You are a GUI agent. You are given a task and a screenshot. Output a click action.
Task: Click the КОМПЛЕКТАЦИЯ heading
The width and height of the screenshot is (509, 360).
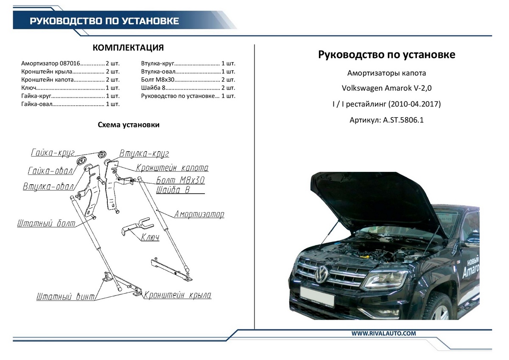coord(128,48)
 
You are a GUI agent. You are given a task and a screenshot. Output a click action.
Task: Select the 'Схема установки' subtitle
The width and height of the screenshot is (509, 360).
coord(129,125)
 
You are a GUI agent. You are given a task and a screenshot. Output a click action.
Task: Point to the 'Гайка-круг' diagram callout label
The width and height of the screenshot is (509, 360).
coord(53,153)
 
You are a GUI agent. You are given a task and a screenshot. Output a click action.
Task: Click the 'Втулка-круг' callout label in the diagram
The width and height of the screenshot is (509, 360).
coord(144,153)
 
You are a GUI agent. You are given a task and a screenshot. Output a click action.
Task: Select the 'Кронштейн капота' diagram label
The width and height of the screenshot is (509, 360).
coord(172,168)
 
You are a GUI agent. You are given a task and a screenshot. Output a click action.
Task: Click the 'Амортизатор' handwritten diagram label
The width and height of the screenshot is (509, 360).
coord(199,214)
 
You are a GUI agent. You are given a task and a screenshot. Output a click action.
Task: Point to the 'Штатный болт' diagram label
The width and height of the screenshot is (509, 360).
coord(46,224)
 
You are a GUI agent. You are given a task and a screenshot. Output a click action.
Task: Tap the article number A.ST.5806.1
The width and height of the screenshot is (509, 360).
coord(386,120)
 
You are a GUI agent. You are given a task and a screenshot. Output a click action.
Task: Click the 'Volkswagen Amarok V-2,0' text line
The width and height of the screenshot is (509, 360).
coord(386,88)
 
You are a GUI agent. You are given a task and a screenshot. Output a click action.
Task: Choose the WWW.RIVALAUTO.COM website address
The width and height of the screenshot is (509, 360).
coord(383,334)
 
